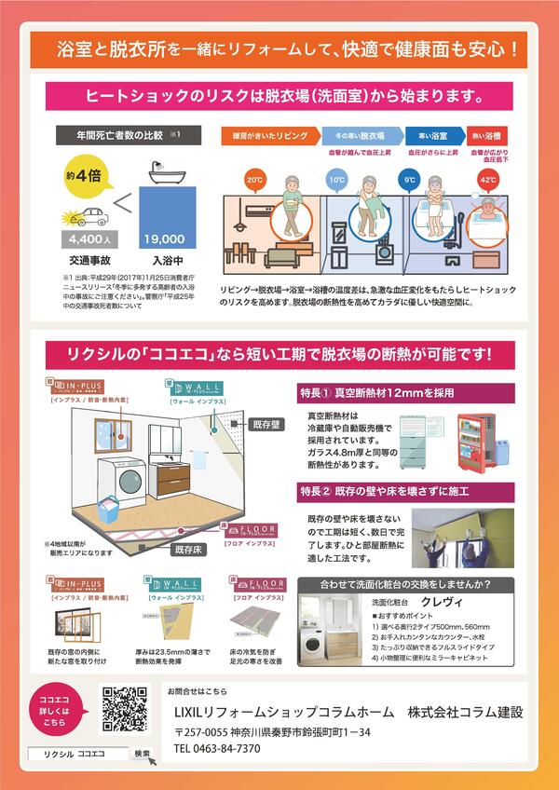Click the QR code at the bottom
(x=124, y=711)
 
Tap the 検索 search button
(x=143, y=752)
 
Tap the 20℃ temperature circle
(x=253, y=178)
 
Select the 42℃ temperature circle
(x=487, y=178)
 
